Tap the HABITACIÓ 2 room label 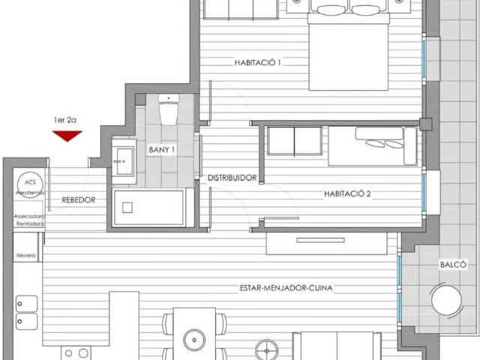[348, 193]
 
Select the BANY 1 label [162, 150]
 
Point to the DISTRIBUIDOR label [232, 178]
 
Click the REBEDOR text [78, 199]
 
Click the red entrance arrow [67, 136]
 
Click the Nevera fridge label [25, 256]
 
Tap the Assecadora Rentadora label [29, 219]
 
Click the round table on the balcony [448, 301]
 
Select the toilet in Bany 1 [169, 112]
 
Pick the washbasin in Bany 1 [124, 160]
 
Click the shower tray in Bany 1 [148, 207]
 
